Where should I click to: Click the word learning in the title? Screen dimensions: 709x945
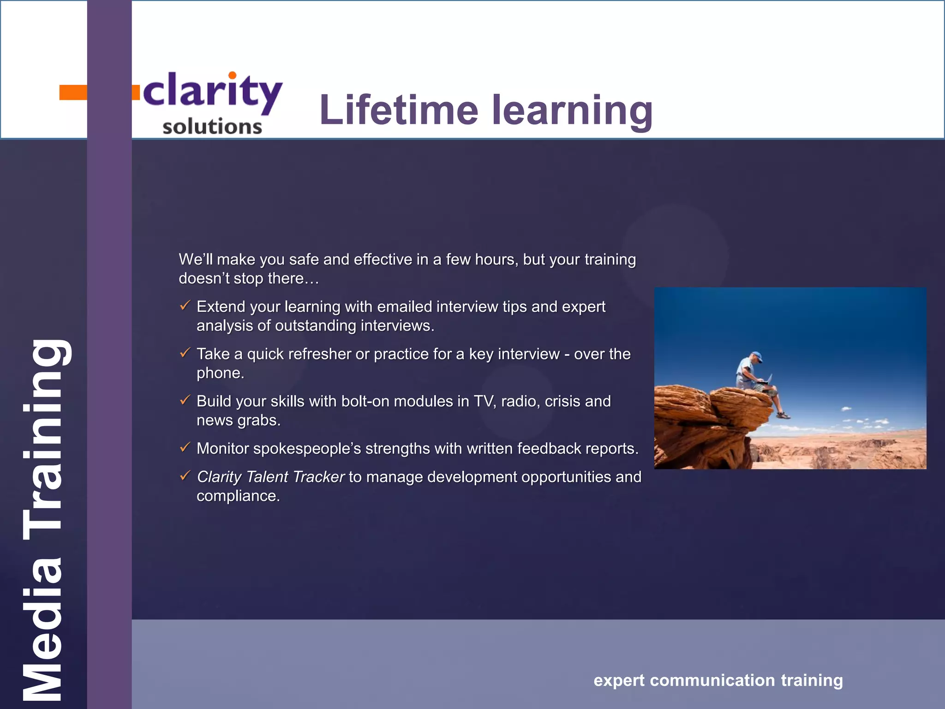click(x=572, y=111)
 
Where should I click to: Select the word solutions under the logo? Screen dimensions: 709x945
click(x=212, y=126)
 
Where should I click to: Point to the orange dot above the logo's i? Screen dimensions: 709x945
click(x=233, y=75)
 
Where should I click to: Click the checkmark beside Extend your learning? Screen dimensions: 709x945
click(x=185, y=305)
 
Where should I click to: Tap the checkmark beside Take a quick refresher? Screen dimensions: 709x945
click(x=185, y=353)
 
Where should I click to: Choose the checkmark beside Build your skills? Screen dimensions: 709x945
click(x=185, y=400)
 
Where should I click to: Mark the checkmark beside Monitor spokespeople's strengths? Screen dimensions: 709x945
click(x=185, y=447)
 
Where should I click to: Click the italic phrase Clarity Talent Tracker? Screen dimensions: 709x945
click(x=270, y=477)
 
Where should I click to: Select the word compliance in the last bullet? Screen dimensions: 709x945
click(x=238, y=496)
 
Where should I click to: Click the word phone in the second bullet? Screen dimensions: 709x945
click(x=220, y=373)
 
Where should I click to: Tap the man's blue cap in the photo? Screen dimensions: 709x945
click(x=756, y=356)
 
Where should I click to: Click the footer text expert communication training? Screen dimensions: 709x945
click(x=718, y=680)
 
